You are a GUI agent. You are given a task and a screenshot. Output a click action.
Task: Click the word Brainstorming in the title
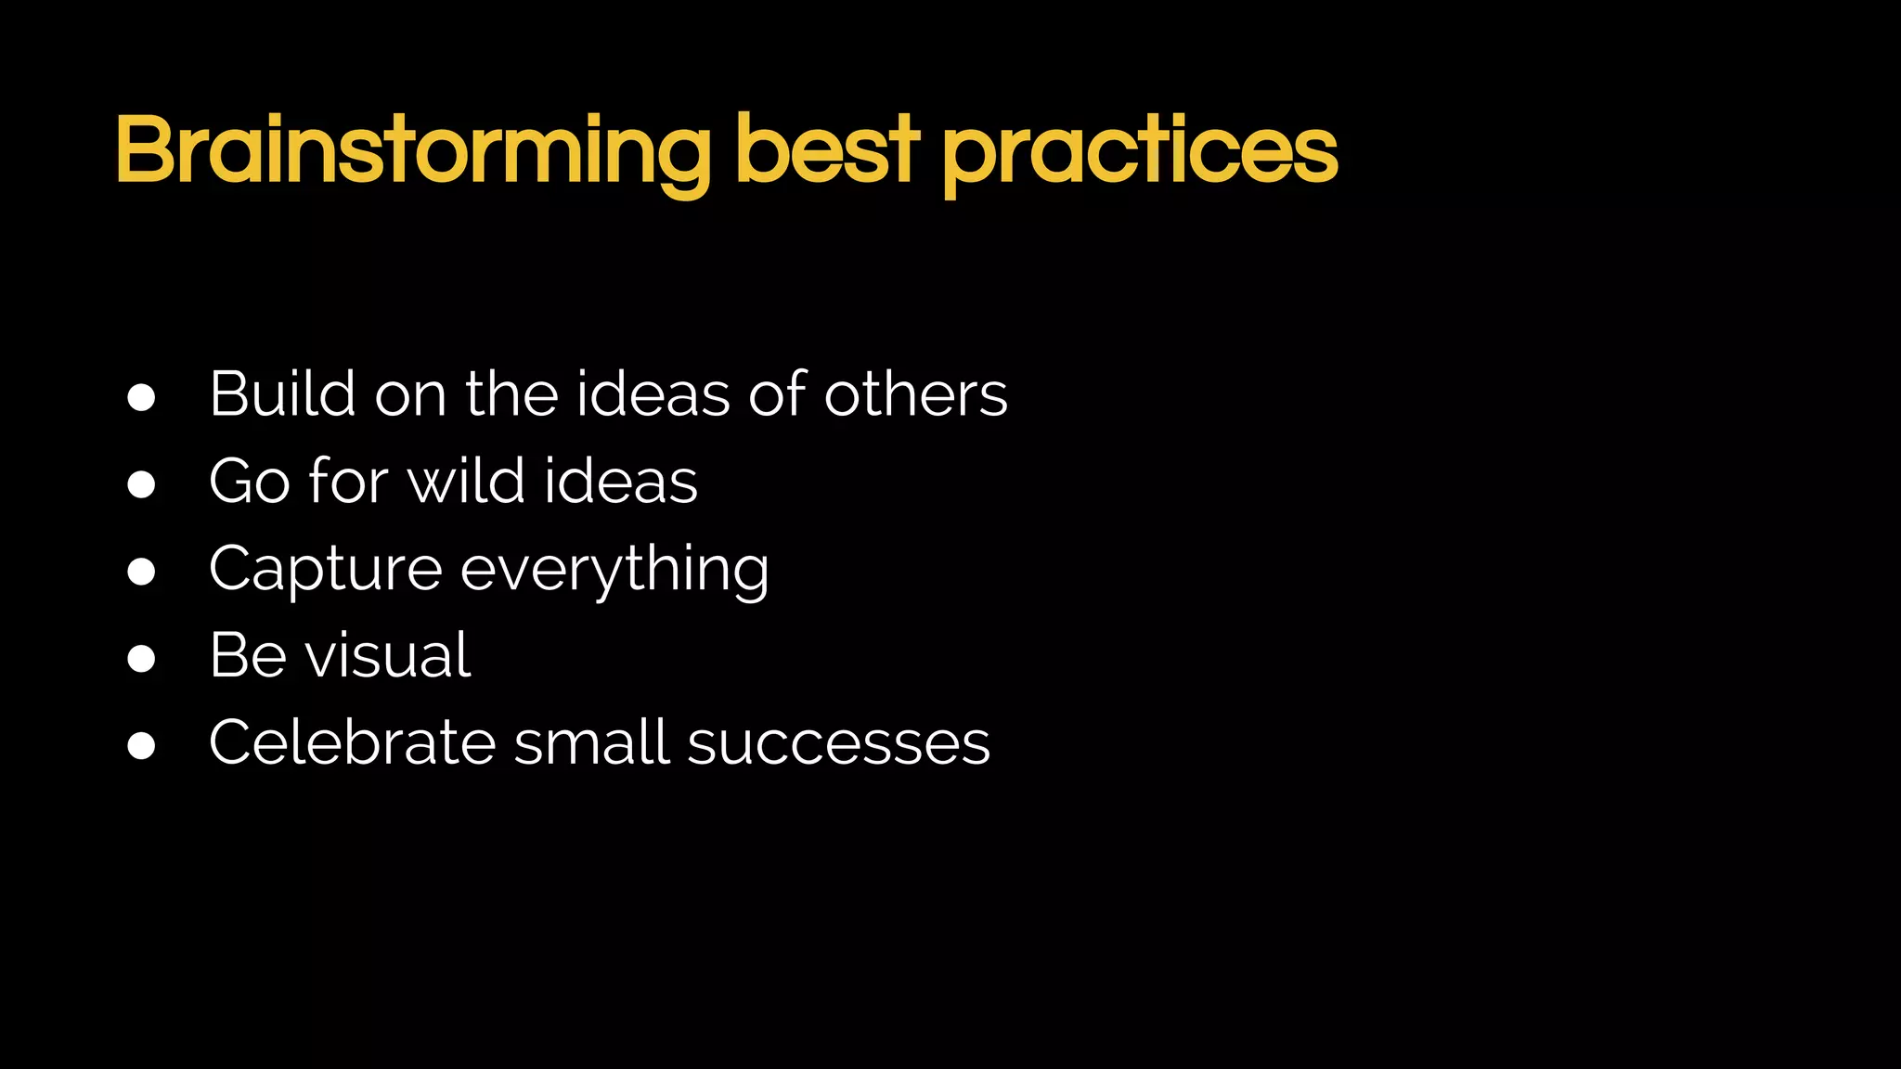pos(413,151)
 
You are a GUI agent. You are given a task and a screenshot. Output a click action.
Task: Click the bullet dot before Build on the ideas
pos(141,397)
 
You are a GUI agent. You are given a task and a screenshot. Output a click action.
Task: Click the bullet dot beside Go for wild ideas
pos(141,484)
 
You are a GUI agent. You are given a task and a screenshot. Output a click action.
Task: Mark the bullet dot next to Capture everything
pos(141,572)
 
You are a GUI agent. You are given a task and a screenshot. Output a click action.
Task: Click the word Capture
pos(325,568)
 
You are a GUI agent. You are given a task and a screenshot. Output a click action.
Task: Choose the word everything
pos(614,570)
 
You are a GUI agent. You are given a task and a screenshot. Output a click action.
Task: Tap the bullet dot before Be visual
pos(141,658)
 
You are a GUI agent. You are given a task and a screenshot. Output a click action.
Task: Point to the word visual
pos(388,655)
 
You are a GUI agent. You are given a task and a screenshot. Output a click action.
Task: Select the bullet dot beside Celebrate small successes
pos(141,745)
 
